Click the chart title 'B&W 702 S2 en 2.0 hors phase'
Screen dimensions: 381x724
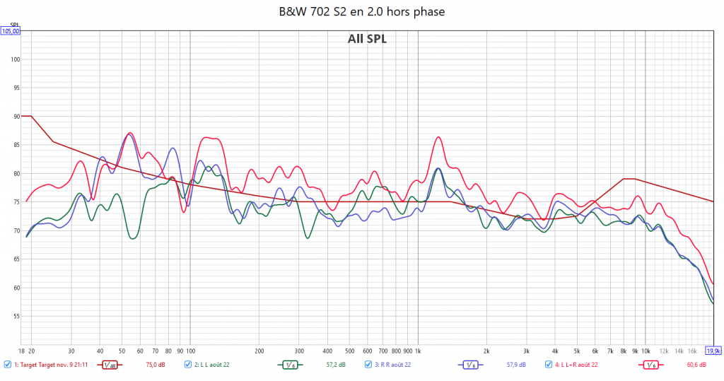tap(361, 11)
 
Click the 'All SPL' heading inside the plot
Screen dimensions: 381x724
tap(367, 39)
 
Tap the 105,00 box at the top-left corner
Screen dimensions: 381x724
tap(11, 31)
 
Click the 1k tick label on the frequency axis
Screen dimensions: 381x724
tap(418, 350)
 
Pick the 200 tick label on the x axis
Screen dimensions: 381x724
tap(259, 350)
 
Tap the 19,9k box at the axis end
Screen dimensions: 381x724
tap(713, 350)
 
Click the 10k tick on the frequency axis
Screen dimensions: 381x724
tap(646, 350)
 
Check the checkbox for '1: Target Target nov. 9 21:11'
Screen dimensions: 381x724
tap(7, 365)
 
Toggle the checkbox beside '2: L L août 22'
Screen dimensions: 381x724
tap(188, 365)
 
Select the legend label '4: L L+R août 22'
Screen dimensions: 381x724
tap(576, 365)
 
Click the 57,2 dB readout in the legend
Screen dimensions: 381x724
tap(335, 365)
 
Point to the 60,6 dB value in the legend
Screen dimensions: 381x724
tap(696, 365)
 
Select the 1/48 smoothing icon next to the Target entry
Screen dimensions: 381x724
tap(110, 365)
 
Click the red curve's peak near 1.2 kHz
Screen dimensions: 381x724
tap(438, 137)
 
